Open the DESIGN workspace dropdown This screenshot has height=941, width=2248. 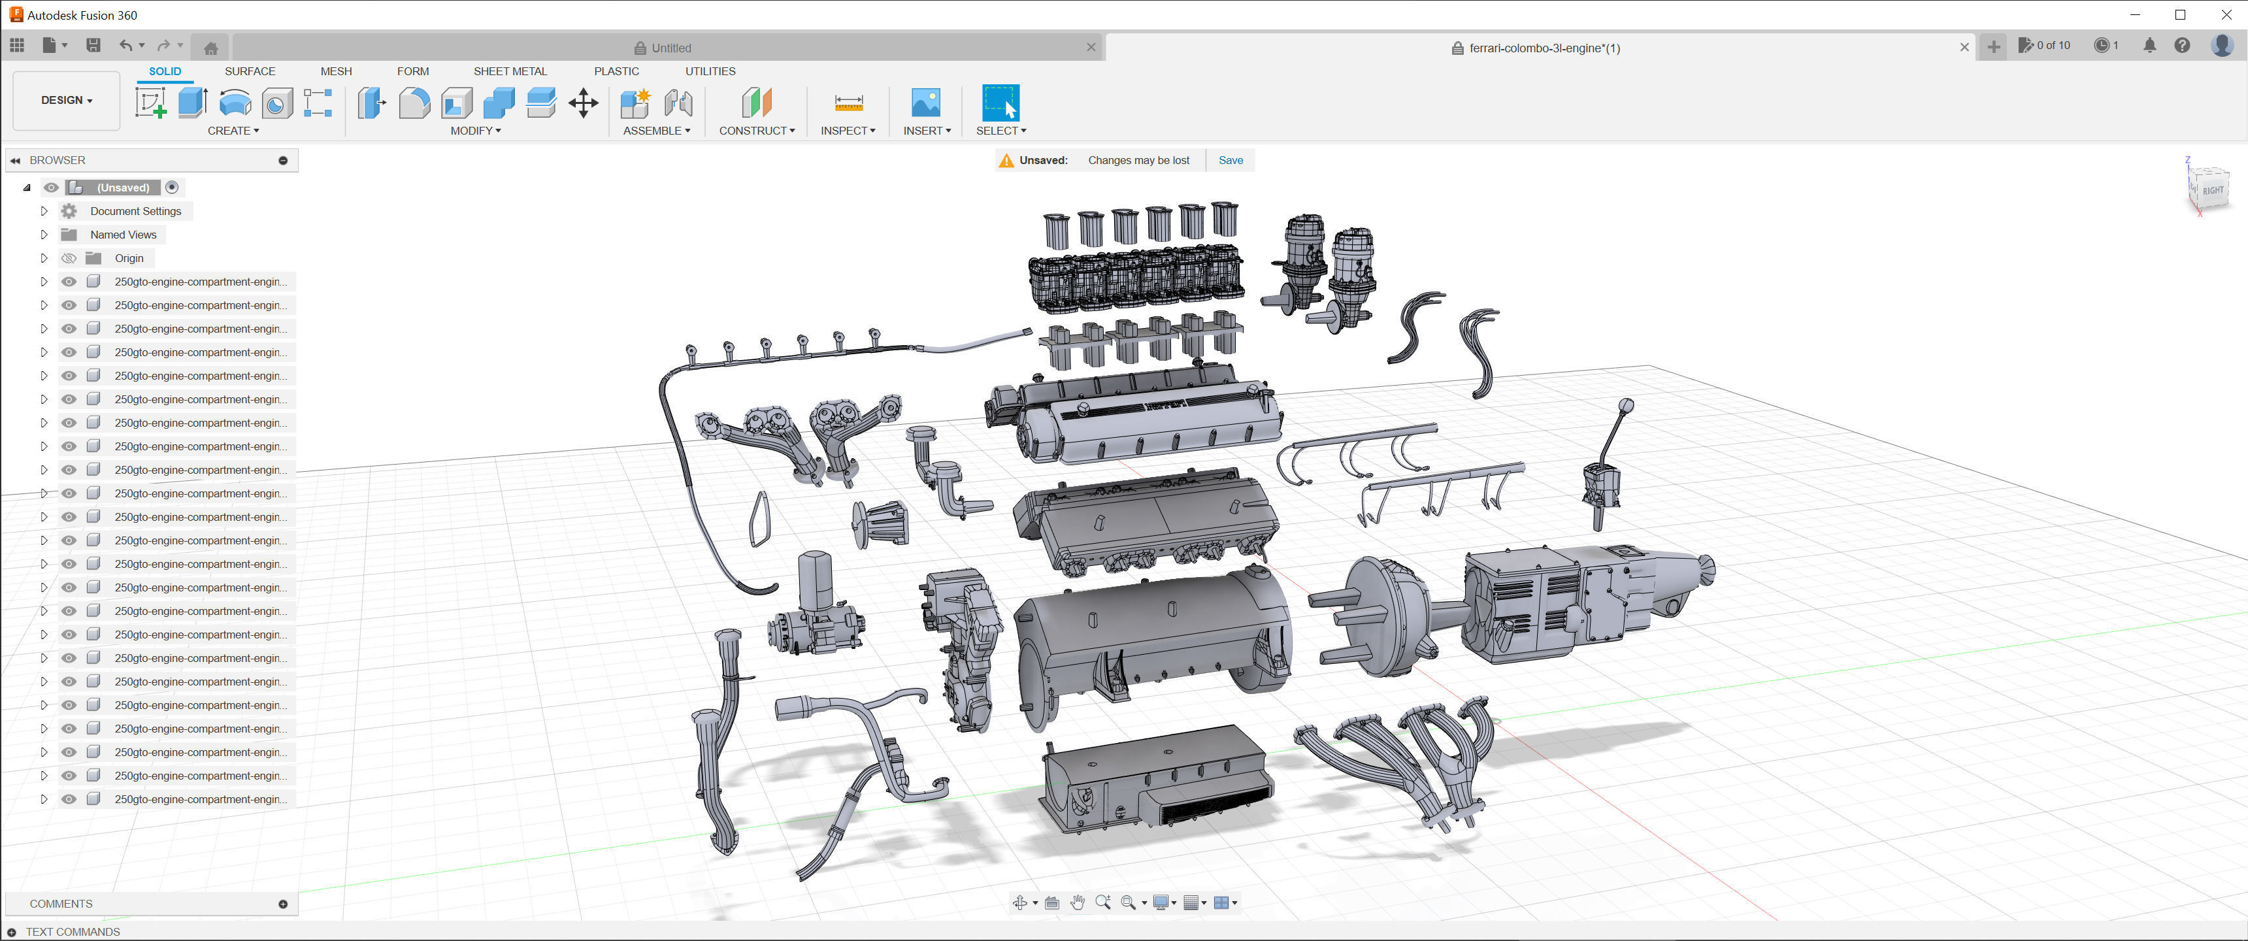pyautogui.click(x=66, y=101)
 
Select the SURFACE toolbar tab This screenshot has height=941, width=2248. pyautogui.click(x=250, y=72)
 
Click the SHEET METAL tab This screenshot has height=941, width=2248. pyautogui.click(x=510, y=72)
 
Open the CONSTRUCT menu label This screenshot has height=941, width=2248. pyautogui.click(x=755, y=131)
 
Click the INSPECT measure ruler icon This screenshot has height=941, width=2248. pyautogui.click(x=848, y=103)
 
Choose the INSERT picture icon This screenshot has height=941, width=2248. pyautogui.click(x=925, y=103)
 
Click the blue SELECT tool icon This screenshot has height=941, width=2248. pyautogui.click(x=1000, y=103)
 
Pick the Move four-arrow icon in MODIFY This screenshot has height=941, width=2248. pyautogui.click(x=583, y=103)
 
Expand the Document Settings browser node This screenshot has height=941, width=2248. pyautogui.click(x=44, y=211)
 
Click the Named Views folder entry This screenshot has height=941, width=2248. pyautogui.click(x=123, y=235)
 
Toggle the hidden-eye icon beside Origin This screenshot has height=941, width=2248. pyautogui.click(x=69, y=258)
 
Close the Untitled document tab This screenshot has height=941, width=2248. pyautogui.click(x=1090, y=48)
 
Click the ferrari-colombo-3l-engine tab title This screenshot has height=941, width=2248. pyautogui.click(x=1543, y=48)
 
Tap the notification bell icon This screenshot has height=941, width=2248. pyautogui.click(x=2149, y=45)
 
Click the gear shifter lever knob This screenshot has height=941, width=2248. pyautogui.click(x=1626, y=405)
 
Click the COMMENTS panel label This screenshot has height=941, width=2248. pyautogui.click(x=61, y=904)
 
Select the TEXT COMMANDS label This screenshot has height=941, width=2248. pyautogui.click(x=73, y=931)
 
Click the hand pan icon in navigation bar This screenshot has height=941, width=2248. pyautogui.click(x=1077, y=902)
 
